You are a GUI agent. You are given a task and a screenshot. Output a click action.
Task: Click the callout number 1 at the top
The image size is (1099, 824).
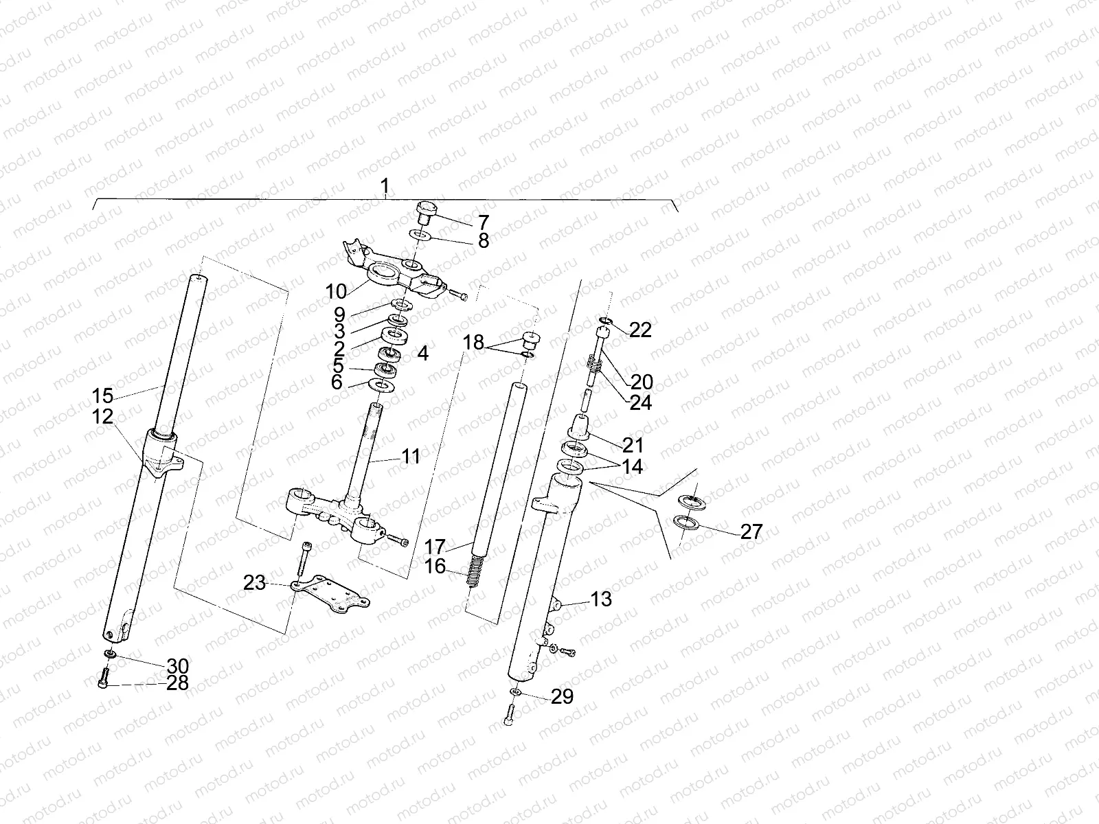coord(385,186)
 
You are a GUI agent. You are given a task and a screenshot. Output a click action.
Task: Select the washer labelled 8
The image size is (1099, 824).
coord(420,236)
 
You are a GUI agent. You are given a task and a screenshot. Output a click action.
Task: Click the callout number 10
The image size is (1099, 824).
coord(336,291)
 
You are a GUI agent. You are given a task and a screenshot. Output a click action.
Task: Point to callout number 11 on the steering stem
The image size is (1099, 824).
coord(411,456)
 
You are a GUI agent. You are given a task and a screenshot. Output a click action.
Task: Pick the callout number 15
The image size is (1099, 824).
coord(102,396)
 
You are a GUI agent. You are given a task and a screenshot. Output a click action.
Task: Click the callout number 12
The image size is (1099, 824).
coord(104,416)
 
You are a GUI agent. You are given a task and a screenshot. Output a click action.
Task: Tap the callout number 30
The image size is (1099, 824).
coord(177,666)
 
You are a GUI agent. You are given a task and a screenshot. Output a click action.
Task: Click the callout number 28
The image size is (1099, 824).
coord(177,684)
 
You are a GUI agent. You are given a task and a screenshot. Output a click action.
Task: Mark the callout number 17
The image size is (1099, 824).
coord(435,547)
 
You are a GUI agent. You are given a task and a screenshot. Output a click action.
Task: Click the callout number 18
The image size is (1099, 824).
coord(473,342)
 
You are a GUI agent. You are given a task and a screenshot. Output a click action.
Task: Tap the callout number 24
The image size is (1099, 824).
coord(641,402)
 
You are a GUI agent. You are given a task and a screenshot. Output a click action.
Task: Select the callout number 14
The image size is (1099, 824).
coord(632,467)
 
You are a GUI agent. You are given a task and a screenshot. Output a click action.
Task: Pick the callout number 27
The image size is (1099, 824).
coord(752,531)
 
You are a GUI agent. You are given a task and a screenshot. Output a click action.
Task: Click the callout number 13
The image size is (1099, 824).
coord(600,599)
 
